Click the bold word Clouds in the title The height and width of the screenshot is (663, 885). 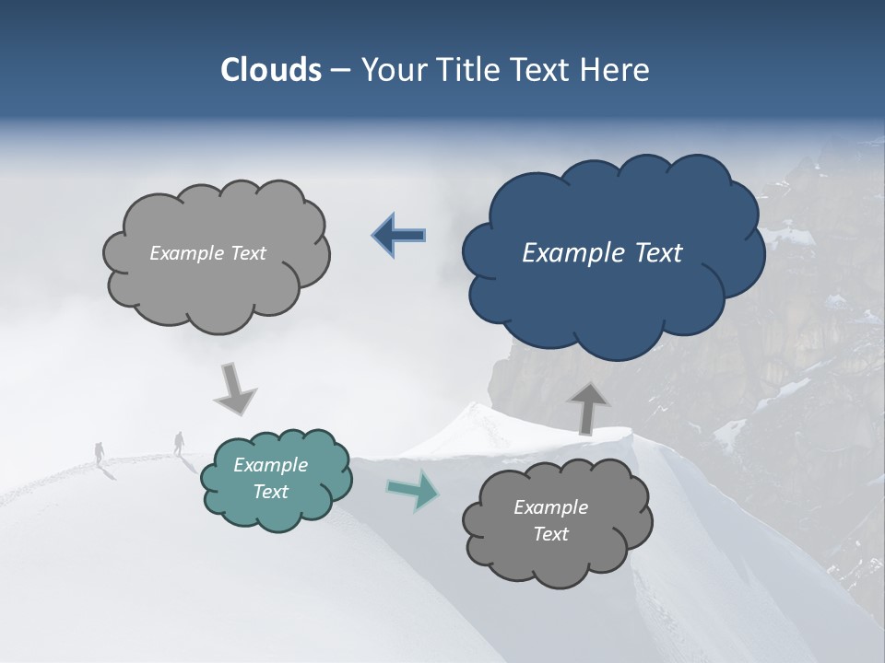[271, 70]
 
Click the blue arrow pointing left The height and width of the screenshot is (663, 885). [399, 236]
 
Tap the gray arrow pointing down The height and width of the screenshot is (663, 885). [234, 389]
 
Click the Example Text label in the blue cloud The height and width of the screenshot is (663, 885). [602, 253]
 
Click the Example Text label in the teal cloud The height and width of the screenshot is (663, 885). [271, 479]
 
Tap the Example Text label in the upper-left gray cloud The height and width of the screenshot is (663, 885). [207, 253]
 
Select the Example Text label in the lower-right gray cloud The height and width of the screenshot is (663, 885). [550, 520]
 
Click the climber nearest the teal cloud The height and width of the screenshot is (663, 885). [179, 443]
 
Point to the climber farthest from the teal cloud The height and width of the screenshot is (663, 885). [100, 452]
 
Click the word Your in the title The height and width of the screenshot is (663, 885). [391, 70]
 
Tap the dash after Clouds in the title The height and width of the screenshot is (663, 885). [340, 70]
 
